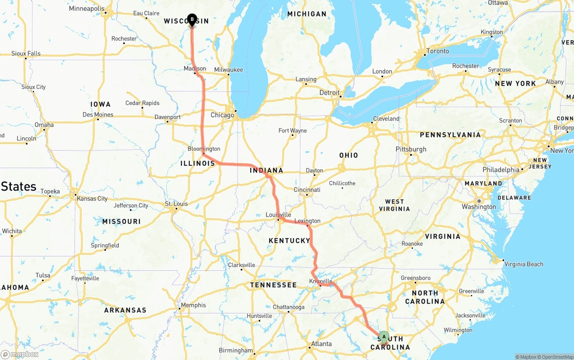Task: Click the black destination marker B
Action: (192, 20)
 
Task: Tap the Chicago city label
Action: (222, 115)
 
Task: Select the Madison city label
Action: (195, 69)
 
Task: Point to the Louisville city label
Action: (278, 215)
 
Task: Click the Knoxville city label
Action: (321, 281)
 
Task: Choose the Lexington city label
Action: (308, 221)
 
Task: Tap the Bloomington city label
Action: (204, 149)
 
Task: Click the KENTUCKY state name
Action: (289, 241)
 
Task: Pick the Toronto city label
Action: (438, 51)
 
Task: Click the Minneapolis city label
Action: (87, 9)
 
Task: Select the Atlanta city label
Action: (322, 344)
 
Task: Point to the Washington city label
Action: (479, 207)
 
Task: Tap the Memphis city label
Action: (194, 305)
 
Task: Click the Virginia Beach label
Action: (524, 264)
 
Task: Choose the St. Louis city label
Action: (177, 204)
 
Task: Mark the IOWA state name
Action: (100, 104)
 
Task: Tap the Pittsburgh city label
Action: (411, 149)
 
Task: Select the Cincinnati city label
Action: (307, 190)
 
